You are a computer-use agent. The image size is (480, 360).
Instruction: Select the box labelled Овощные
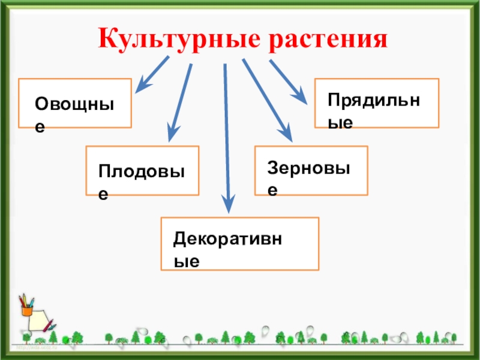click(x=75, y=103)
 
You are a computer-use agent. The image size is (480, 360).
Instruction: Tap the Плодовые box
click(x=142, y=170)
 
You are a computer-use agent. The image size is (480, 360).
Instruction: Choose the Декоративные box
click(x=240, y=244)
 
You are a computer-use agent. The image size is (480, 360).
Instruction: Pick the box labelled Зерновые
click(x=311, y=170)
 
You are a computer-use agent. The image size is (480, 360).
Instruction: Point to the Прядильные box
click(x=377, y=103)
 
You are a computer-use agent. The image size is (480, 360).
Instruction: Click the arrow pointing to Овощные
click(x=154, y=74)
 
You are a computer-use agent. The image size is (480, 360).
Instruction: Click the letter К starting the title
click(x=107, y=40)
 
